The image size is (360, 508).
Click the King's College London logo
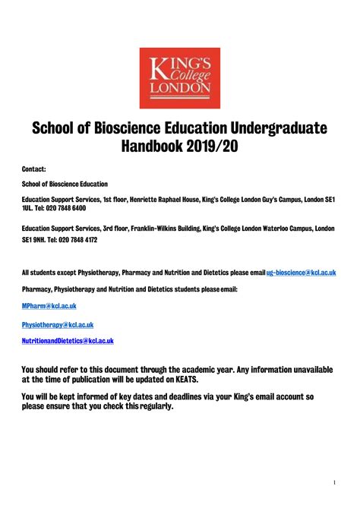pyautogui.click(x=179, y=78)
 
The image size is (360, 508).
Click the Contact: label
pyautogui.click(x=34, y=169)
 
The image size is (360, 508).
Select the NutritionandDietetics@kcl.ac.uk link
pyautogui.click(x=68, y=342)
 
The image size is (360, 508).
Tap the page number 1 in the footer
pyautogui.click(x=334, y=483)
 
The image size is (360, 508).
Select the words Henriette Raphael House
pyautogui.click(x=162, y=198)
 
